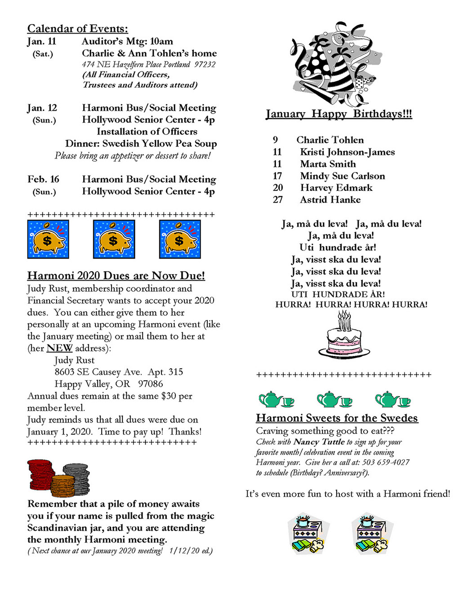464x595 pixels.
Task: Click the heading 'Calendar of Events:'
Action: pyautogui.click(x=77, y=29)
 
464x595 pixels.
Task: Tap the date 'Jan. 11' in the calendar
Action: pyautogui.click(x=41, y=42)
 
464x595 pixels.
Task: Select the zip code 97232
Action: pyautogui.click(x=205, y=64)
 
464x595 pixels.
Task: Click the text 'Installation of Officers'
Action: pyautogui.click(x=147, y=132)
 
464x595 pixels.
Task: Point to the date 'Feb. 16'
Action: pyautogui.click(x=43, y=179)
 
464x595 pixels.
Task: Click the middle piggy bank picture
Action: pyautogui.click(x=114, y=239)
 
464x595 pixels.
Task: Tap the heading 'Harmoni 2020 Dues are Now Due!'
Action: pyautogui.click(x=116, y=275)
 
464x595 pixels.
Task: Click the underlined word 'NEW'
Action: pyautogui.click(x=59, y=348)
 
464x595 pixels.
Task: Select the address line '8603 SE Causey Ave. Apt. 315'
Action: pyautogui.click(x=119, y=372)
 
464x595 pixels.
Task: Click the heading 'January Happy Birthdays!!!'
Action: pyautogui.click(x=339, y=114)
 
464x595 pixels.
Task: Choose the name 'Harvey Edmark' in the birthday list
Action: pyautogui.click(x=336, y=188)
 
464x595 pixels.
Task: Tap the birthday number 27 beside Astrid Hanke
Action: pyautogui.click(x=278, y=200)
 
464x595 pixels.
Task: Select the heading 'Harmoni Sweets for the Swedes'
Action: pyautogui.click(x=337, y=418)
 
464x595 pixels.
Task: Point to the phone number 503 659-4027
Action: pyautogui.click(x=386, y=463)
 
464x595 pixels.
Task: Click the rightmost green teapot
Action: pyautogui.click(x=388, y=399)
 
